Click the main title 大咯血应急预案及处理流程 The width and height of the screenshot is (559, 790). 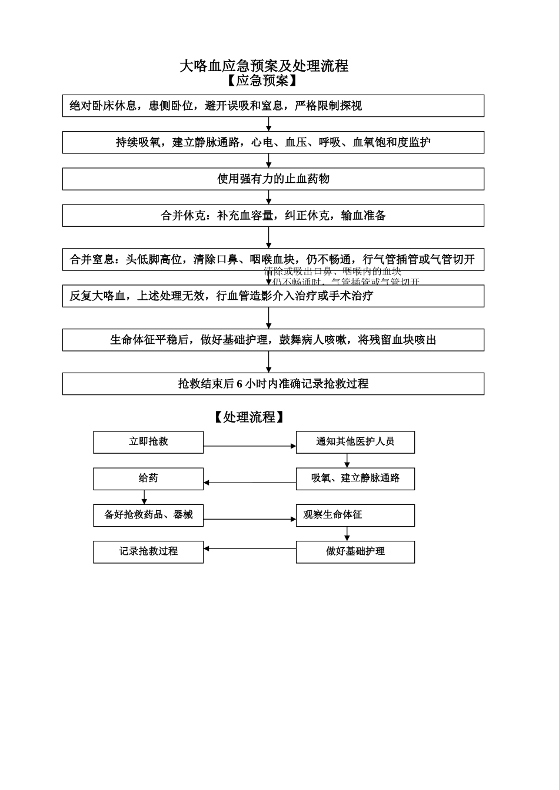pyautogui.click(x=264, y=66)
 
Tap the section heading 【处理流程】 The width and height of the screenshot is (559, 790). pyautogui.click(x=249, y=417)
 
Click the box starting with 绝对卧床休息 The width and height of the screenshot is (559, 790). pyautogui.click(x=273, y=106)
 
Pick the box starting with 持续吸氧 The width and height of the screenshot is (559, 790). pyautogui.click(x=273, y=143)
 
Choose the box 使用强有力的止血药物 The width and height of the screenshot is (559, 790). pyautogui.click(x=273, y=179)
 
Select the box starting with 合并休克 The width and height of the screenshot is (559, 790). pyautogui.click(x=273, y=216)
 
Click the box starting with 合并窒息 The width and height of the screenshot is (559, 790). pyautogui.click(x=273, y=259)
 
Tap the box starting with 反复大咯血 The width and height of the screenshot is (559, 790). pyautogui.click(x=273, y=296)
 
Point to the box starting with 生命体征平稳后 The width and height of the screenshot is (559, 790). pyautogui.click(x=273, y=340)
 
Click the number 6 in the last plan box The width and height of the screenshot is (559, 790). pyautogui.click(x=239, y=384)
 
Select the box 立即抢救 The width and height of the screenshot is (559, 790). pyautogui.click(x=148, y=442)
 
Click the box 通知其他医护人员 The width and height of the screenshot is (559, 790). pyautogui.click(x=355, y=442)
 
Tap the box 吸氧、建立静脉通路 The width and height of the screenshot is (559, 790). pyautogui.click(x=355, y=478)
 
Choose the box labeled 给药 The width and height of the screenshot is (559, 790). pyautogui.click(x=148, y=478)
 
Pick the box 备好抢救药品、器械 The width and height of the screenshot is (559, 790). pyautogui.click(x=148, y=515)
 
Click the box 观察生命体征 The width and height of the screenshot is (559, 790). pyautogui.click(x=355, y=515)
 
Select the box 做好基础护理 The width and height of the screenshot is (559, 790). pyautogui.click(x=355, y=552)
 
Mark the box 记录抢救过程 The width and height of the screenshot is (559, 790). pyautogui.click(x=148, y=552)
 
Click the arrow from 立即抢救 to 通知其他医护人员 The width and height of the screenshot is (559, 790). pyautogui.click(x=249, y=446)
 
